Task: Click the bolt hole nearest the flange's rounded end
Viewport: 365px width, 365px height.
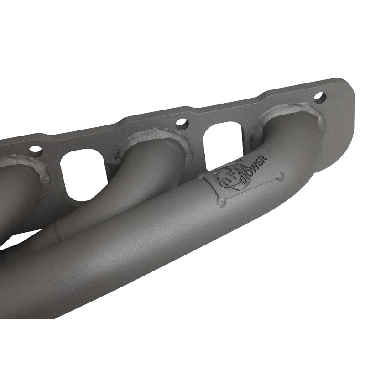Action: point(319,97)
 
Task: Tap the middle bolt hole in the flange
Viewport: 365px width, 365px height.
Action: point(182,123)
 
